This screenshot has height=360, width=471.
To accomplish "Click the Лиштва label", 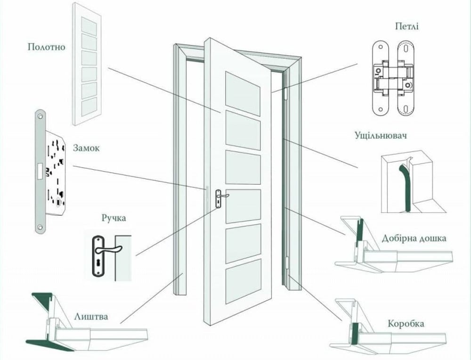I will (x=91, y=316).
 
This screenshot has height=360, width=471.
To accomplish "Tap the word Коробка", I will (x=406, y=324).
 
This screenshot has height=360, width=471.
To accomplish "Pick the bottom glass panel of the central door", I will (x=243, y=281).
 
